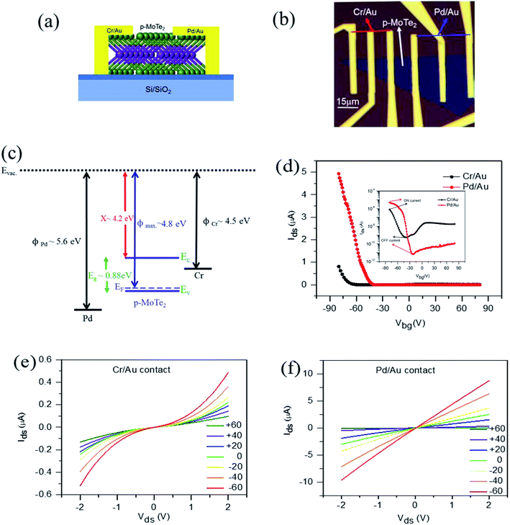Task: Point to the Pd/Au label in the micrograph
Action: (457, 13)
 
